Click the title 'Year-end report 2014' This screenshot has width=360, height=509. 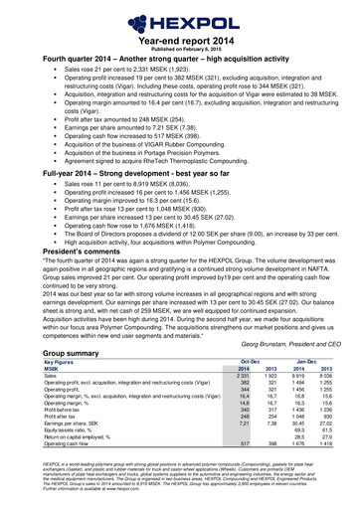click(x=179, y=37)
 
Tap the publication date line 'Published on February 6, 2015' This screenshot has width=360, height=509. click(x=179, y=46)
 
